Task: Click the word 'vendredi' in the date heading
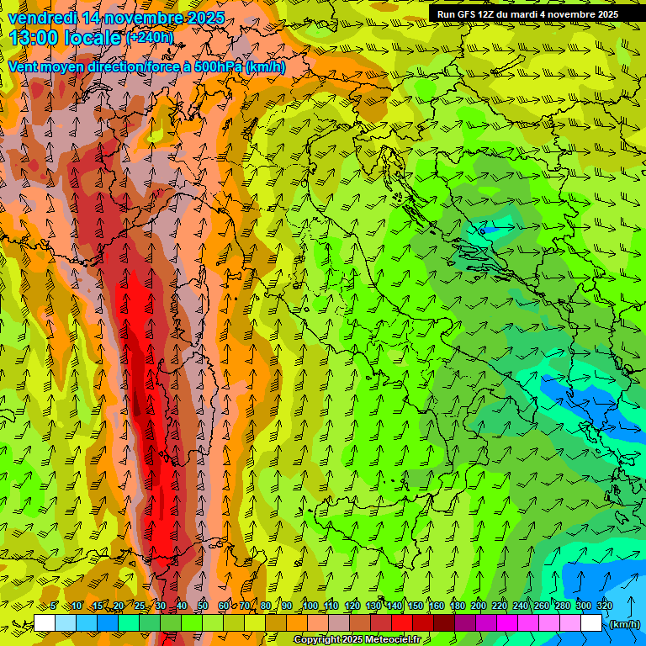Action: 41,17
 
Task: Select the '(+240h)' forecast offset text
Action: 149,37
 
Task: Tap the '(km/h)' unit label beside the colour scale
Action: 624,624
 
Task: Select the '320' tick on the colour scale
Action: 604,606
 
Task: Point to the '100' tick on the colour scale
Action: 310,606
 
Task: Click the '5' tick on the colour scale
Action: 55,606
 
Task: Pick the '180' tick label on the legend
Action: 458,606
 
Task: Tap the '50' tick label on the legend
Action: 202,606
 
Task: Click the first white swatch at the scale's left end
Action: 45,623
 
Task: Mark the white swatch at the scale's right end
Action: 591,623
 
